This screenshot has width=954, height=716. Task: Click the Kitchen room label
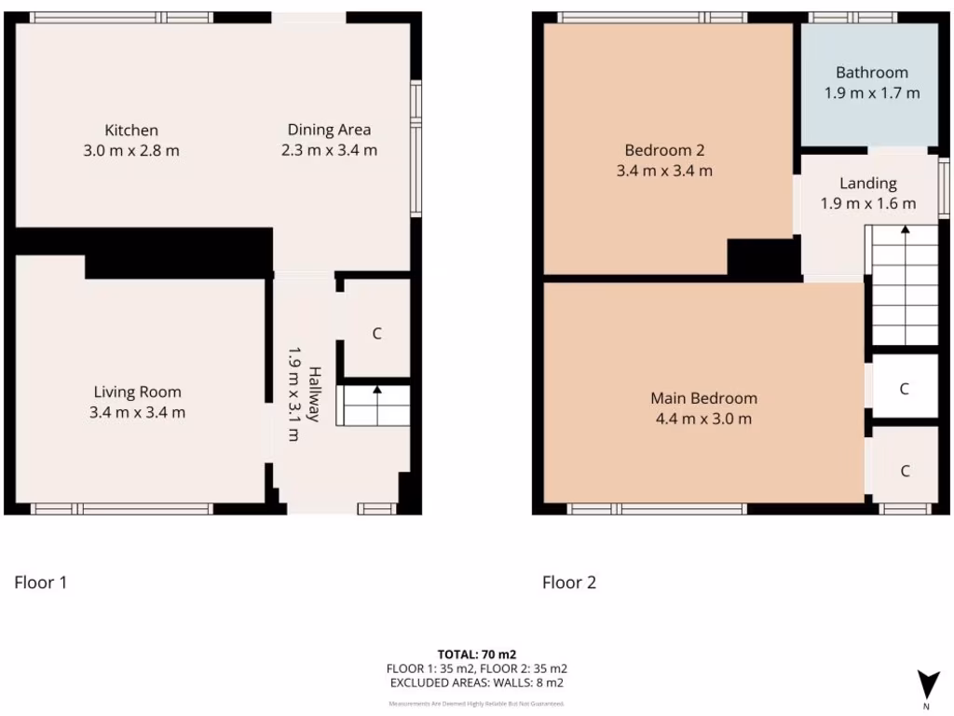pos(131,131)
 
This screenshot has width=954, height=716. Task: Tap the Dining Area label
pos(329,130)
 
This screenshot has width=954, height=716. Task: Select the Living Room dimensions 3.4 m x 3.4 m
pos(138,412)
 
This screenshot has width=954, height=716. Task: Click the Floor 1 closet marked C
pos(376,333)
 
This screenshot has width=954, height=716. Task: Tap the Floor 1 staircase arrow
pos(376,392)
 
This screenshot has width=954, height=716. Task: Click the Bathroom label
pos(871,73)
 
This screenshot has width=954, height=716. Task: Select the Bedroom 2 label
pos(664,150)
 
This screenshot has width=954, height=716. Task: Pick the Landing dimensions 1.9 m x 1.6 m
pos(868,203)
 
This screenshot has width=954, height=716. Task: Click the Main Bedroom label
pos(703,398)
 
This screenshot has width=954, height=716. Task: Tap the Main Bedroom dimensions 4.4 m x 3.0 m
pos(703,419)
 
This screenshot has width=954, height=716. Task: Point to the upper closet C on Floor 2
pos(904,389)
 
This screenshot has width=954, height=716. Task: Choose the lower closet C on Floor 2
pos(905,471)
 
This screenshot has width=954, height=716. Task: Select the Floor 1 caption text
pos(40,583)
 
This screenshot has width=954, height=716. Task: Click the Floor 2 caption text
pos(569,583)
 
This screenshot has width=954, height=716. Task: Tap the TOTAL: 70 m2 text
pos(476,654)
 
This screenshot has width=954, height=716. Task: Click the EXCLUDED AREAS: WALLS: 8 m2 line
pos(476,682)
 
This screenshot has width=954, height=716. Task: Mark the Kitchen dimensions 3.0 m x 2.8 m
pos(131,150)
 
